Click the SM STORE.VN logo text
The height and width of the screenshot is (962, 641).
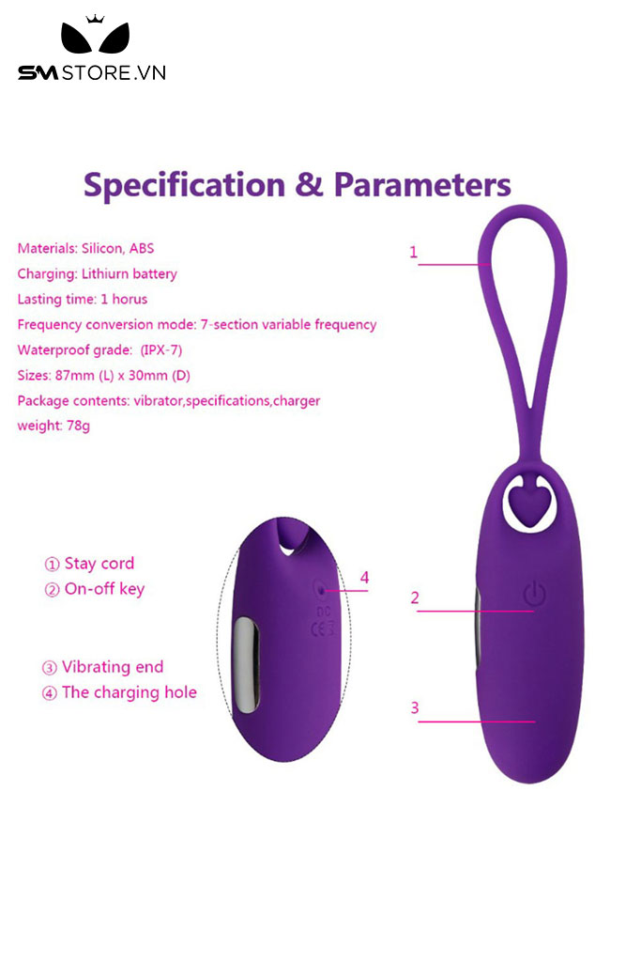(x=92, y=73)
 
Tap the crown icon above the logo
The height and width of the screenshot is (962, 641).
(x=95, y=19)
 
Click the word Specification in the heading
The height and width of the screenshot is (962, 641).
(x=185, y=185)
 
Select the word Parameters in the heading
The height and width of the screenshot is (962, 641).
(x=422, y=184)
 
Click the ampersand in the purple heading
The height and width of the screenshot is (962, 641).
(x=310, y=184)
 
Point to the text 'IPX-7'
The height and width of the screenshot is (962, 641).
(x=161, y=350)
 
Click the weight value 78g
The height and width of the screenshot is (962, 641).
(x=78, y=426)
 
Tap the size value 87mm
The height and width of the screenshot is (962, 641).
(x=75, y=376)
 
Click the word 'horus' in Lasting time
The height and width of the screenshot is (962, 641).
(x=130, y=300)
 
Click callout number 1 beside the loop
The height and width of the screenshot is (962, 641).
(x=413, y=252)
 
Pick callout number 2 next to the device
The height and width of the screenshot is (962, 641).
(x=415, y=598)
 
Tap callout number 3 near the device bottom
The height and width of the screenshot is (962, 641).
(x=415, y=708)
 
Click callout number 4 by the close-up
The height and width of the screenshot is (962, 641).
(x=365, y=578)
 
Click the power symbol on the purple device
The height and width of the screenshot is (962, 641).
(x=534, y=594)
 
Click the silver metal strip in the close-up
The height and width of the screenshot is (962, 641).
(x=246, y=665)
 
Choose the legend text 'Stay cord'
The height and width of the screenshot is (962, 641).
(x=99, y=564)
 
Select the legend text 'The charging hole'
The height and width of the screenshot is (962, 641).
(x=130, y=692)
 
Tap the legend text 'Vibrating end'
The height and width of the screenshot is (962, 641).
(x=113, y=667)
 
